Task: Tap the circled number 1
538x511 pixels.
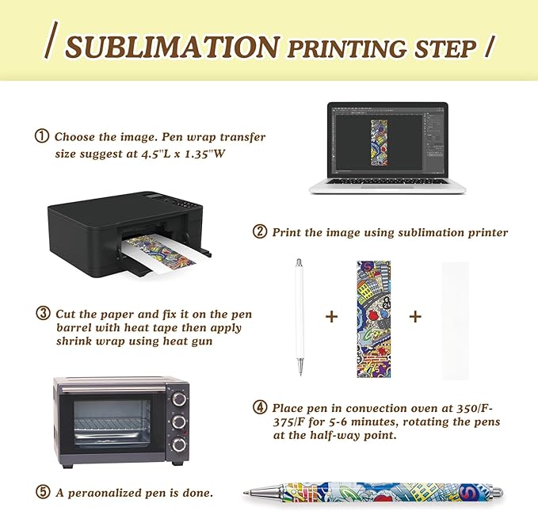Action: coord(42,137)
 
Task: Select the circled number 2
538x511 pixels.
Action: coord(260,232)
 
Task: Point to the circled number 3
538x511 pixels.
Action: coord(43,313)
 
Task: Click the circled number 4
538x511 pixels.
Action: coord(260,407)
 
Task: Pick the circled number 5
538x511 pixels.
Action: coord(43,492)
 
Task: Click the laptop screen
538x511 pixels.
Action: coord(387,139)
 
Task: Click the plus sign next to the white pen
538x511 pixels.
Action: coord(331,316)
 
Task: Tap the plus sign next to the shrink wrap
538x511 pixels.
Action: coord(415,316)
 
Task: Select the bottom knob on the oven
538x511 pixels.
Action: coord(178,444)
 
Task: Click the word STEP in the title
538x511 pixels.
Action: coord(439,48)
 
